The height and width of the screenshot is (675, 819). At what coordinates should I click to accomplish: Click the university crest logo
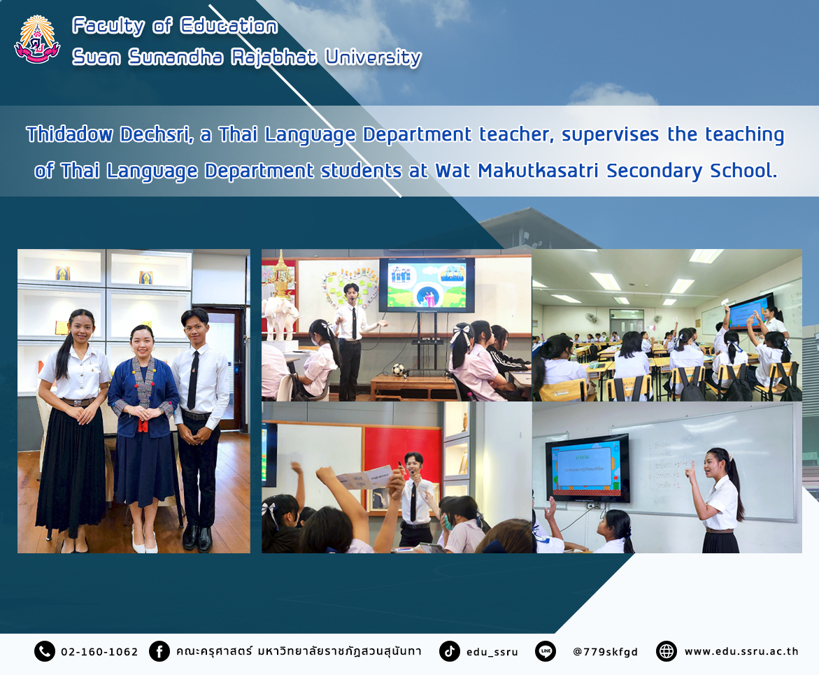pos(37,40)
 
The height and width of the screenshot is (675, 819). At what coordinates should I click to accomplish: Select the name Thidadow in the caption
pos(69,134)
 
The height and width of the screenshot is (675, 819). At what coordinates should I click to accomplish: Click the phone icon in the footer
pos(44,651)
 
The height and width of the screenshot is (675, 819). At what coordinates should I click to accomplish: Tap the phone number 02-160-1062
pos(99,652)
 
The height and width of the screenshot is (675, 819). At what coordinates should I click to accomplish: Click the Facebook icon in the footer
pos(159,651)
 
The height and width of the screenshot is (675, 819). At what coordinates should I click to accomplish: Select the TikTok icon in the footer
pos(449,651)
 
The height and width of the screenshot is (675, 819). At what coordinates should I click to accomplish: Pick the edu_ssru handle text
pos(492,652)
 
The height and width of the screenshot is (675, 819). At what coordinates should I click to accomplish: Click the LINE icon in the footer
pos(546,651)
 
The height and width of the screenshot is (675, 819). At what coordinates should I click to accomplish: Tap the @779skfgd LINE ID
pos(606,652)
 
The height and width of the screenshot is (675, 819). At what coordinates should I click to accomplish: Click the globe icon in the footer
pos(666,651)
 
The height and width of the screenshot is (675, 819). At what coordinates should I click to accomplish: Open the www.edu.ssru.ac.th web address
pos(741,651)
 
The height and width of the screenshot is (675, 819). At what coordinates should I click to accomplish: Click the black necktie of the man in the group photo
pos(193,381)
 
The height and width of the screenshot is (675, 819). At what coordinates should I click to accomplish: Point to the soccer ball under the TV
pos(399,369)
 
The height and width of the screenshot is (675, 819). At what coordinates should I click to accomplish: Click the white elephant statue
pos(280,317)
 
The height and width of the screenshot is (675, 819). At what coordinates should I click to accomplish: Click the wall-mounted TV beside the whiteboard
pos(587,469)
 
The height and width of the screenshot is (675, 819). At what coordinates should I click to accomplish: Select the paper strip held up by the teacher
pos(364,477)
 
